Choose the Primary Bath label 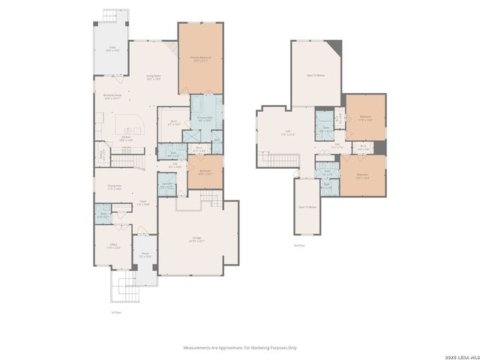pyautogui.click(x=204, y=118)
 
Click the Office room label pyautogui.click(x=112, y=245)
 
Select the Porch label pyautogui.click(x=145, y=254)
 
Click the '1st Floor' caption pyautogui.click(x=115, y=312)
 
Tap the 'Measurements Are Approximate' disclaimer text pyautogui.click(x=240, y=347)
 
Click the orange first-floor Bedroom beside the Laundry pyautogui.click(x=205, y=172)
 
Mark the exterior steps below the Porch pyautogui.click(x=124, y=286)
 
